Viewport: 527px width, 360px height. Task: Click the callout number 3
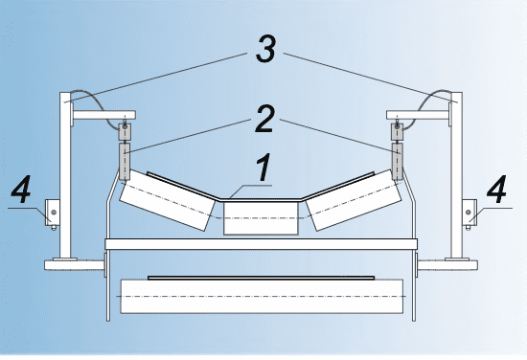coord(265,49)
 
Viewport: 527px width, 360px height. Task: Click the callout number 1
coord(264,168)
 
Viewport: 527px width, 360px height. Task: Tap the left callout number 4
coord(21,190)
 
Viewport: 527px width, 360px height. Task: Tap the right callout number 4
coord(496,190)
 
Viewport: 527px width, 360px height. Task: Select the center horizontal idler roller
coord(261,218)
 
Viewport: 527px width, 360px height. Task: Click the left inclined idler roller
coord(167,200)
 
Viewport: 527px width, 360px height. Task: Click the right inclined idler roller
coord(354,200)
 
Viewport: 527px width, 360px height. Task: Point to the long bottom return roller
coord(262,296)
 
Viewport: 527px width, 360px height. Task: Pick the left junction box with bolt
coord(53,213)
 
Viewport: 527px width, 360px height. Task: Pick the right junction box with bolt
coord(470,213)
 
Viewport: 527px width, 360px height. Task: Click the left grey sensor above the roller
coord(125,162)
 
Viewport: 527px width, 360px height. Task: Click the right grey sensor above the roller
coord(398,162)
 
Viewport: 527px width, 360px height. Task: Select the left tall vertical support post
coord(65,175)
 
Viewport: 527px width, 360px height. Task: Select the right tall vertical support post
coord(456,175)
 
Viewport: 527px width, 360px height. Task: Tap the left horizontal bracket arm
coord(104,115)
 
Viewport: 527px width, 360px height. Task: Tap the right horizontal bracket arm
coord(418,115)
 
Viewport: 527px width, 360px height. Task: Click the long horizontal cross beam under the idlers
coord(262,244)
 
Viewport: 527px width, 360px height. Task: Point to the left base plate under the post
coord(75,265)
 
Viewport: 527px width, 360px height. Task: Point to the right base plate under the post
coord(447,265)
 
